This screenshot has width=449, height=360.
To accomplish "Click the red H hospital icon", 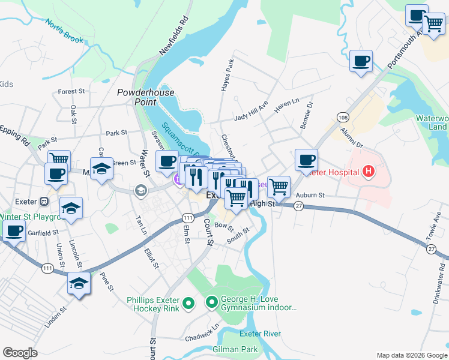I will click(369, 173).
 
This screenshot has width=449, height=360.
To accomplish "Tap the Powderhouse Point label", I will click(146, 97).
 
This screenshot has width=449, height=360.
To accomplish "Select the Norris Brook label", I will click(64, 31).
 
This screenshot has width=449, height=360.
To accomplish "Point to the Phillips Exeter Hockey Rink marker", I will click(188, 304).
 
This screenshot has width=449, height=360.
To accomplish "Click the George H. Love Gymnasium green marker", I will click(211, 302).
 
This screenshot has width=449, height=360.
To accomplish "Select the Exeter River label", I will click(261, 334).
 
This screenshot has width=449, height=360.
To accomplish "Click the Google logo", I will click(20, 352).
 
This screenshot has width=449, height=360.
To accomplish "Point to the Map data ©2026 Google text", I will click(411, 355).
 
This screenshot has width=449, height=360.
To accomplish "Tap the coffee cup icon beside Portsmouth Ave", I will click(361, 61).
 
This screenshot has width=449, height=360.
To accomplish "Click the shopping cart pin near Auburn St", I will click(279, 186).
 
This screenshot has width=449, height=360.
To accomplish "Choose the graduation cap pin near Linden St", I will click(79, 283).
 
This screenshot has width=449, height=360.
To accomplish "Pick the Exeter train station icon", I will click(44, 200).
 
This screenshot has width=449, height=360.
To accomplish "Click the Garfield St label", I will click(43, 231).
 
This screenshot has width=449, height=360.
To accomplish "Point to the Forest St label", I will click(71, 92).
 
